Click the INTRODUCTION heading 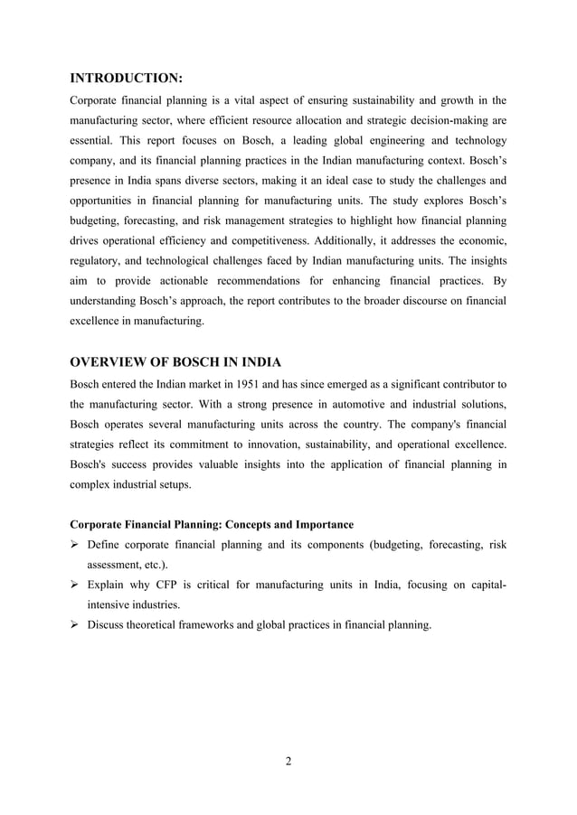pos(127,78)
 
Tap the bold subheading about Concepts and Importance pos(212,524)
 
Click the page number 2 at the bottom pos(288,760)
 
